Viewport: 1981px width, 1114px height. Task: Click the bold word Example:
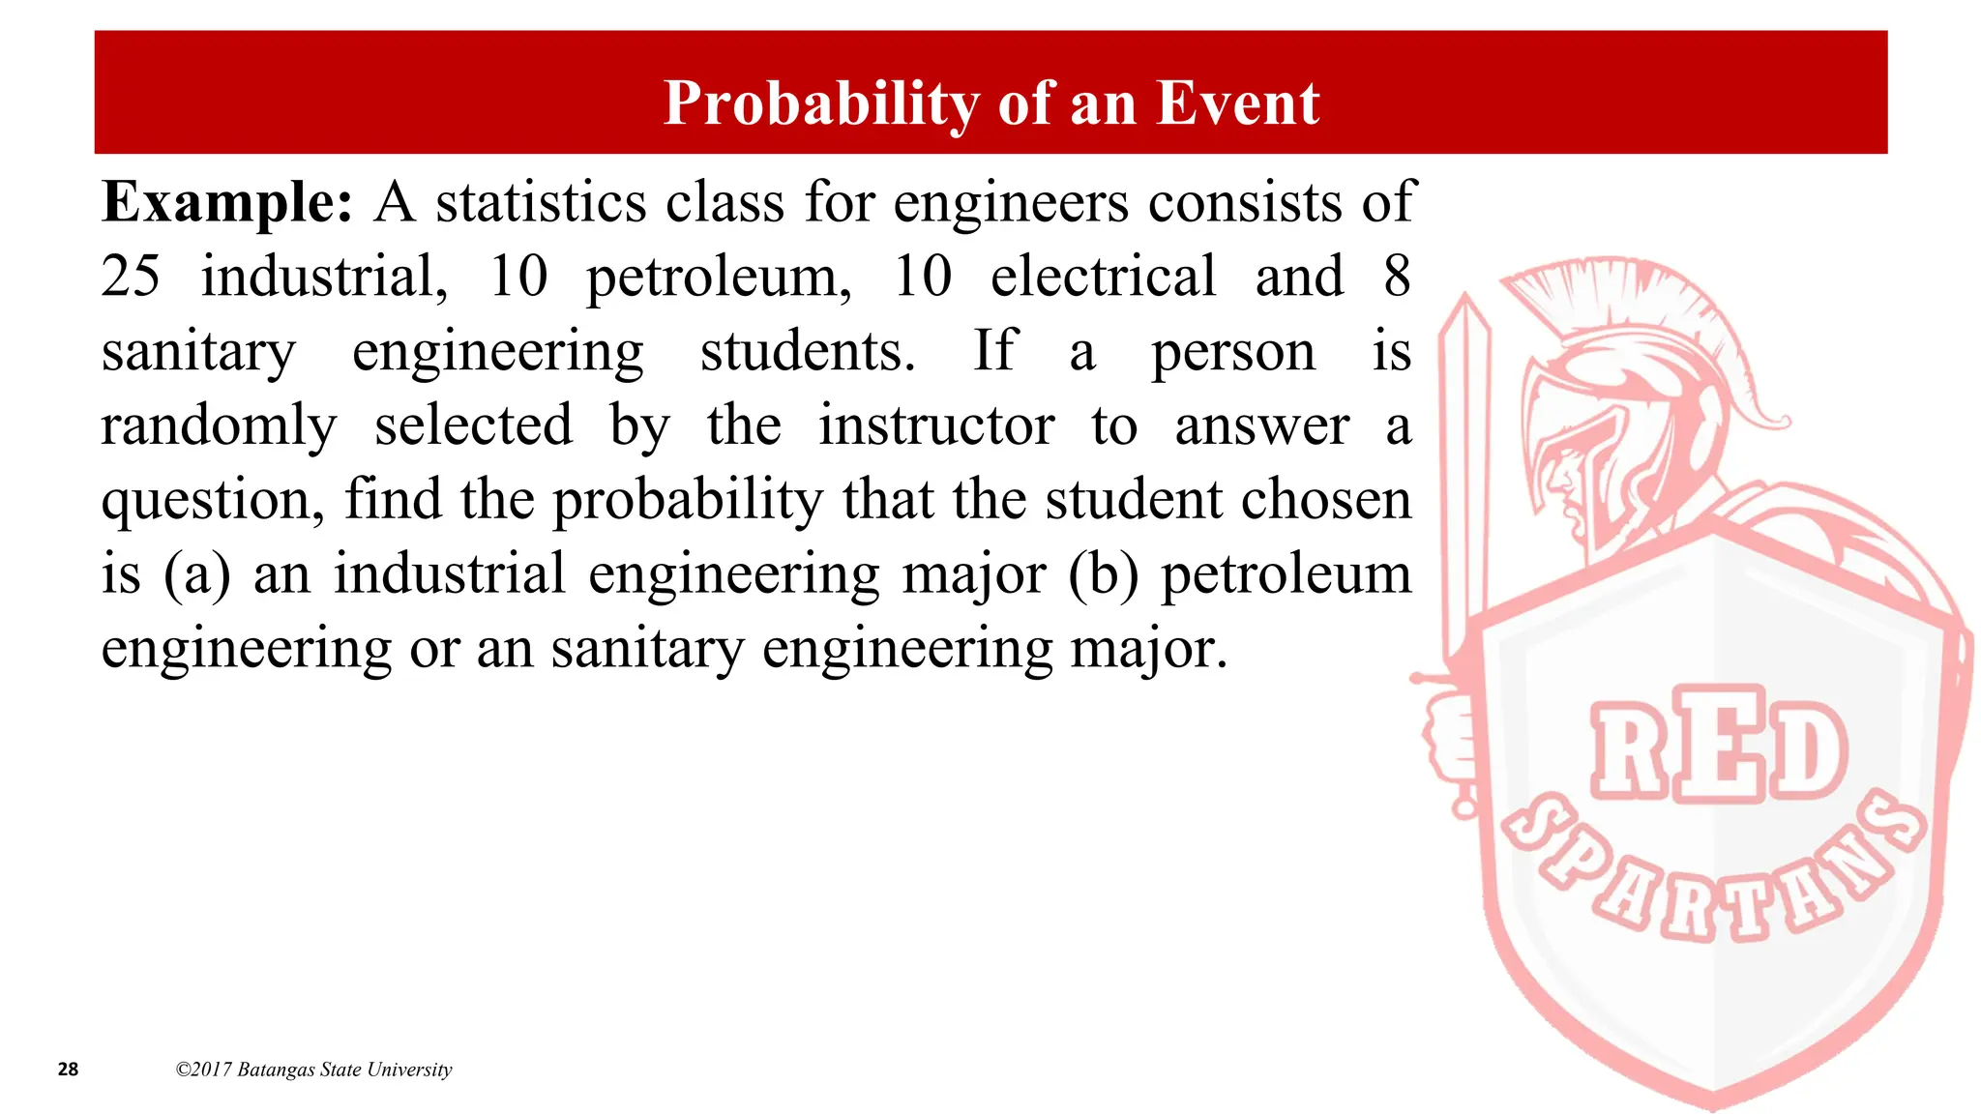(x=227, y=203)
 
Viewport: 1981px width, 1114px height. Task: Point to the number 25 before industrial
(x=131, y=277)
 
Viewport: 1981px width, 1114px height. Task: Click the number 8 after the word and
(x=1397, y=277)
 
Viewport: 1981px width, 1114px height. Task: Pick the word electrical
(x=1103, y=277)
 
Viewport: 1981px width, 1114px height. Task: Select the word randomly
(x=219, y=425)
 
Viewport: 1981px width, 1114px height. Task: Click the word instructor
(x=935, y=425)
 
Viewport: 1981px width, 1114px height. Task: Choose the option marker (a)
(x=196, y=574)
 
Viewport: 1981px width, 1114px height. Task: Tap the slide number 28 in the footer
(x=68, y=1070)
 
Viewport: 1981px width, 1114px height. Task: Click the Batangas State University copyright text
(x=313, y=1070)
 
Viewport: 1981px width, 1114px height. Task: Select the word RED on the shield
(x=1718, y=745)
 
